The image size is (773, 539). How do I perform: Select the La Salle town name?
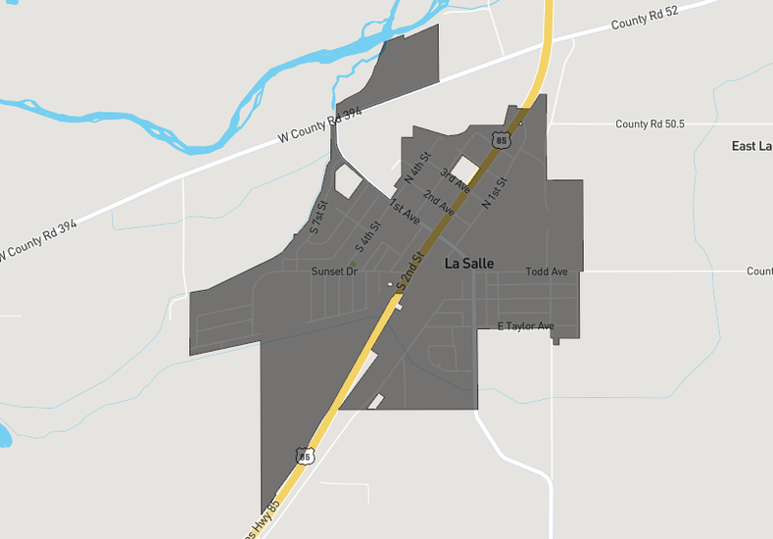469,264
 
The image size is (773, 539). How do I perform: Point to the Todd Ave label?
547,271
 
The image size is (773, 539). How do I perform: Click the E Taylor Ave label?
525,326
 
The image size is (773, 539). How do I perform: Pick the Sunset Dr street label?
334,271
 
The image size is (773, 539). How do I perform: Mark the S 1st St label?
316,215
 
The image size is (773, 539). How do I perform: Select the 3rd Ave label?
455,179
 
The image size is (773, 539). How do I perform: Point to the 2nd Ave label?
439,203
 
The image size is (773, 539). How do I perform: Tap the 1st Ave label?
405,213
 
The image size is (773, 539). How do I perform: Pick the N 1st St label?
496,190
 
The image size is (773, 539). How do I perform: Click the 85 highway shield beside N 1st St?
502,140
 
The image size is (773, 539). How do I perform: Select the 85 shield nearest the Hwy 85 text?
305,456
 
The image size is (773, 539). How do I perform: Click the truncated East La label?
751,146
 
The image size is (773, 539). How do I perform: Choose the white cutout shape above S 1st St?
348,181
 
